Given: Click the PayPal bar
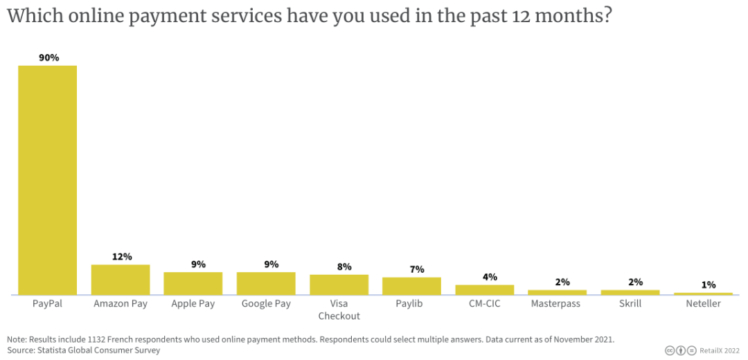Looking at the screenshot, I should pos(48,180).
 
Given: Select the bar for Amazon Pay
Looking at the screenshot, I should pos(121,280).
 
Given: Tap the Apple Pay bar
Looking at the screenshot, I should pos(193,283).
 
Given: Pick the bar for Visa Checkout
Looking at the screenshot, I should pos(339,285).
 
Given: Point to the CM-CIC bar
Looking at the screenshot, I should pos(484,289).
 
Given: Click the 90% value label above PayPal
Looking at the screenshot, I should pos(48,58).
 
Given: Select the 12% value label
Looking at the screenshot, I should pos(121,257).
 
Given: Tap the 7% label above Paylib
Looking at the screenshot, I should pos(416,269).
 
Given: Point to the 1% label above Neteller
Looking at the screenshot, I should pos(707,285).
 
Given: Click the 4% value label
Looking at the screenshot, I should pos(490,277).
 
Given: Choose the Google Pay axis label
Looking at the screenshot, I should pos(266,304).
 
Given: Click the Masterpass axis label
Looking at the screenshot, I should pos(555,304).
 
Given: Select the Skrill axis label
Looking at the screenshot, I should pos(630,304).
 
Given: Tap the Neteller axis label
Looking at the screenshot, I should pos(702,304).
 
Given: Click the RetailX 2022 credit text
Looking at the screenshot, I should pos(720,350).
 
